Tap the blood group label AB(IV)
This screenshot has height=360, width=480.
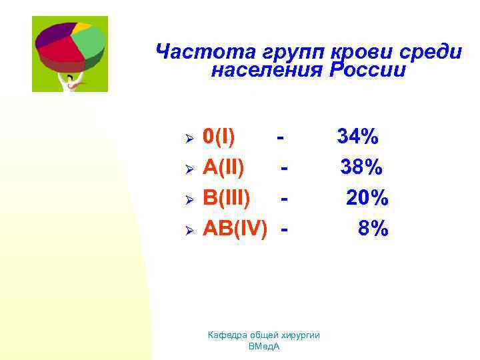point(235,229)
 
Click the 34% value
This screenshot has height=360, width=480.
point(358,137)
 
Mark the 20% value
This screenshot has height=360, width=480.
point(367,198)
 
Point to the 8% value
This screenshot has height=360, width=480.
point(373,229)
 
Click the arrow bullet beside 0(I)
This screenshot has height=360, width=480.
point(189,139)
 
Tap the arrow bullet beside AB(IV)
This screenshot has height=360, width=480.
point(189,230)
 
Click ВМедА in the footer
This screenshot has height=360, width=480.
point(263,347)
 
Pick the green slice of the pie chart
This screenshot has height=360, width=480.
point(89,41)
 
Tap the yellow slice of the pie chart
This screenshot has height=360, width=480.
point(81,27)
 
